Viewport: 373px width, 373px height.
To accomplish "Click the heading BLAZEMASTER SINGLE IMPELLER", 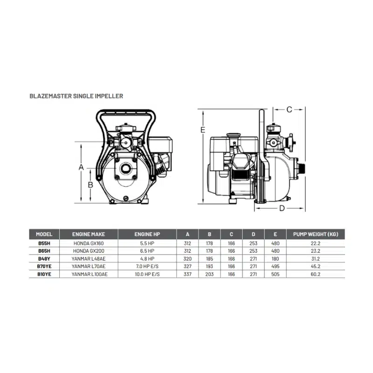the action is tap(76, 96).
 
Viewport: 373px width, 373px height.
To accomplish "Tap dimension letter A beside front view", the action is tap(81, 167).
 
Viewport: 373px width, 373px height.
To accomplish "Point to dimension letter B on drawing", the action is tap(90, 185).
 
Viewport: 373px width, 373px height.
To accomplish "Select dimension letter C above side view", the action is tap(289, 110).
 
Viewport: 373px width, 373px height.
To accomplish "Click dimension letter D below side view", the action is tap(282, 208).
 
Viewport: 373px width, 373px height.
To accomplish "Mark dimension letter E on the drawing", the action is tap(203, 130).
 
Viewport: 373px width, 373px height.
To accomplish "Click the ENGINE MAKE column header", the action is tap(89, 235).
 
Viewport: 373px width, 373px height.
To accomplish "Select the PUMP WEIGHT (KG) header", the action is tap(316, 235).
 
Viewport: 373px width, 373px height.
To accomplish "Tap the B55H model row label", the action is tap(44, 243).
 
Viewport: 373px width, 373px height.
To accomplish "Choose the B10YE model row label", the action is tap(44, 274).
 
